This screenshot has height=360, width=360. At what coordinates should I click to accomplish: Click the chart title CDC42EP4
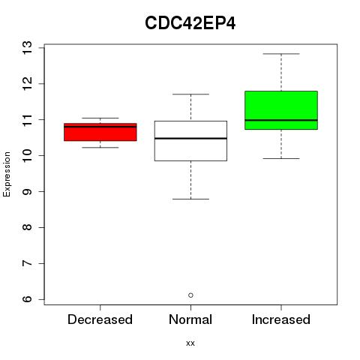(x=190, y=23)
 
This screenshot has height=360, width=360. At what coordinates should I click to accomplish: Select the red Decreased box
(x=100, y=132)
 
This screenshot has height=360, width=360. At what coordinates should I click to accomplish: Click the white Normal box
(x=190, y=141)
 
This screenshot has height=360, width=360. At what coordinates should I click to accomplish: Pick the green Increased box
(x=281, y=110)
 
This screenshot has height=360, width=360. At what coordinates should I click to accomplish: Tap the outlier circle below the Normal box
(x=190, y=295)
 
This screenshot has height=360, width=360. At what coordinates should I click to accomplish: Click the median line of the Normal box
(x=190, y=138)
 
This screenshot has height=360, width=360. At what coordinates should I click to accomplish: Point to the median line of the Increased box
(x=281, y=120)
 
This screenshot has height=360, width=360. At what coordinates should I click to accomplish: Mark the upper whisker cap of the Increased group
(x=281, y=54)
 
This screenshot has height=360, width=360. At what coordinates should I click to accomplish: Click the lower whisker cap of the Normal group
(x=190, y=199)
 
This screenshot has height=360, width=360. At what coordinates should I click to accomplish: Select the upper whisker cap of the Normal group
(x=190, y=94)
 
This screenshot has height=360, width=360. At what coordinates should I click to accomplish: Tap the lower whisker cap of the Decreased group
(x=100, y=148)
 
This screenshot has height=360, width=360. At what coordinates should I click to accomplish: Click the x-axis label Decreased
(x=100, y=319)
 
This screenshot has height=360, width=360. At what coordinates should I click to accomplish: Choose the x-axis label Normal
(x=190, y=319)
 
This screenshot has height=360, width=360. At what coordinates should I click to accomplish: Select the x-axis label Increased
(x=281, y=319)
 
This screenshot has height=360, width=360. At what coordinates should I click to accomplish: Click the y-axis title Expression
(x=7, y=174)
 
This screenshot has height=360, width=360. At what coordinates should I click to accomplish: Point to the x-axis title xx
(x=190, y=343)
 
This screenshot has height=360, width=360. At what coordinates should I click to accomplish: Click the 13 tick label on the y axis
(x=27, y=47)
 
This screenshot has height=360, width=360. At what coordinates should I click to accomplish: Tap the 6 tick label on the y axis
(x=27, y=299)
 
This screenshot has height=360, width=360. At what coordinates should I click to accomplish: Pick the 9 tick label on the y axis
(x=27, y=191)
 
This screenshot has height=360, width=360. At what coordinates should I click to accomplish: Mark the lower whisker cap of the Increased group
(x=281, y=158)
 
